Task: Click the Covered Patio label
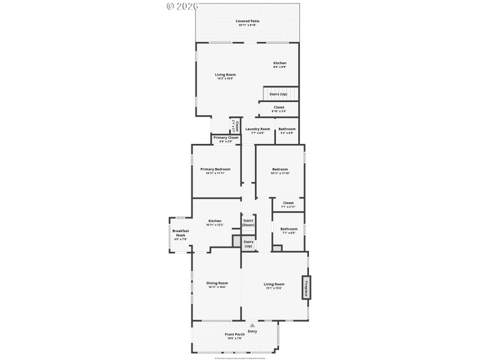click(x=247, y=21)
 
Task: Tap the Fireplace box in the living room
click(x=306, y=287)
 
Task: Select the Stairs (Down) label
click(x=248, y=223)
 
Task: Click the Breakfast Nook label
click(x=181, y=233)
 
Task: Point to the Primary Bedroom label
click(x=215, y=169)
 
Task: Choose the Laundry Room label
click(x=257, y=129)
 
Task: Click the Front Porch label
click(x=235, y=334)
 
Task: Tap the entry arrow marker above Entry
click(x=252, y=325)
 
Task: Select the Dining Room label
click(x=217, y=283)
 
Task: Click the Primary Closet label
click(x=226, y=138)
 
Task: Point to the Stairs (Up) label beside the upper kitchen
click(x=278, y=94)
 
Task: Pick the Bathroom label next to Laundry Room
click(x=287, y=129)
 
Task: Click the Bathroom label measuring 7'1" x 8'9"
click(x=289, y=229)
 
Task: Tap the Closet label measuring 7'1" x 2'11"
click(x=288, y=203)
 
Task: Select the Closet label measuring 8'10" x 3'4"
click(x=279, y=107)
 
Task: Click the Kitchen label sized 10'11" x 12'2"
click(x=215, y=221)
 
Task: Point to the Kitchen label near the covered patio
click(x=280, y=63)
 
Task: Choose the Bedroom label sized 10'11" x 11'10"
click(x=280, y=169)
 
